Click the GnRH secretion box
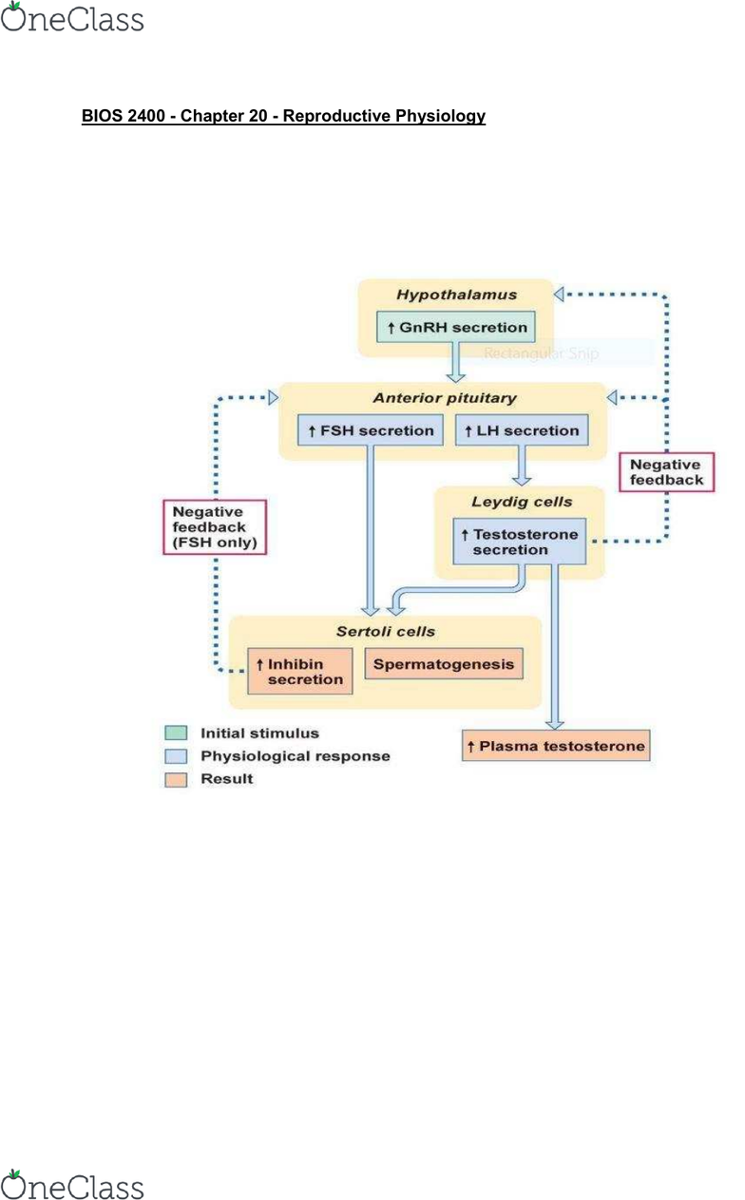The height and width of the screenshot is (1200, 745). click(x=455, y=327)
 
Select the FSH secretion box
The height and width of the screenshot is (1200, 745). click(x=370, y=430)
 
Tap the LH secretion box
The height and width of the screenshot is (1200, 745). click(x=521, y=430)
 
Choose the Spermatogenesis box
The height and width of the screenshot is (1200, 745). click(x=443, y=663)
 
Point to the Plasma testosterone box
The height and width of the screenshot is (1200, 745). click(x=556, y=746)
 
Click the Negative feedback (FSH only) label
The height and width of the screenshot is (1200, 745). click(x=215, y=527)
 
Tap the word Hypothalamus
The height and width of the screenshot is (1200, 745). click(x=456, y=295)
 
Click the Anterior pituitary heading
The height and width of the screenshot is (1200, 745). click(x=445, y=397)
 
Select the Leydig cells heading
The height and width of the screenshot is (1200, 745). click(x=522, y=501)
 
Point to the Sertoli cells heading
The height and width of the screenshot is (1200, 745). click(x=385, y=631)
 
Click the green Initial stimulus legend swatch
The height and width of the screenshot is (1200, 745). click(x=176, y=733)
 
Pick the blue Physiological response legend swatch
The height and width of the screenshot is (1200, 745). click(x=176, y=756)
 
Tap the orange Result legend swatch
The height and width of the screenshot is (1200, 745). click(x=176, y=779)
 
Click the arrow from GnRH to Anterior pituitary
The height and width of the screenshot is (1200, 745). click(x=455, y=360)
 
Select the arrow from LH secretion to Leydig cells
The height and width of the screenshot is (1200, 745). click(x=521, y=466)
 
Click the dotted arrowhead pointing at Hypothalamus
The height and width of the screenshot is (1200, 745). click(x=560, y=294)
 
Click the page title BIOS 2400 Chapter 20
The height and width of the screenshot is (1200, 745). click(x=283, y=116)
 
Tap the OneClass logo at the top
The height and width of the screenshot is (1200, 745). click(x=72, y=19)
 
